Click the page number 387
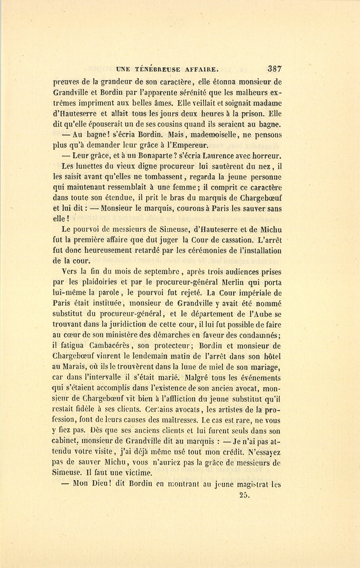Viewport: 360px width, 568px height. coord(275,68)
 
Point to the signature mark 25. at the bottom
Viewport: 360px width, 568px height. coord(244,495)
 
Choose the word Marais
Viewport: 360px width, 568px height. coord(75,367)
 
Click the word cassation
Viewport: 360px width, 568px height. coord(234,240)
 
